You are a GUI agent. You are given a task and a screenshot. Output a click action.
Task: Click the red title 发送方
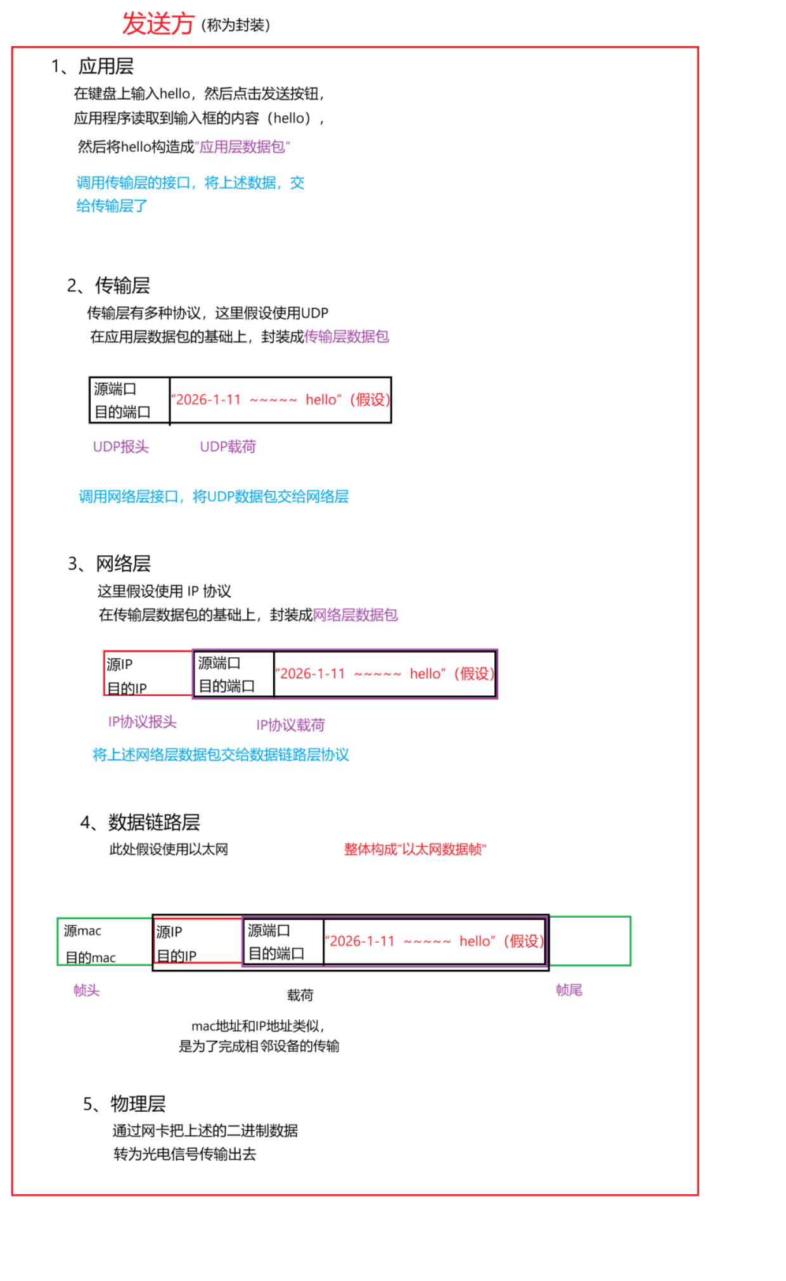tap(158, 24)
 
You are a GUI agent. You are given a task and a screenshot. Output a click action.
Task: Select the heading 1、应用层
tap(93, 67)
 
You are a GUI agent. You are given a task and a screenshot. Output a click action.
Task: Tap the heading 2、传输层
tap(108, 286)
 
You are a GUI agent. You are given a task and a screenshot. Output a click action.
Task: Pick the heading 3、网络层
tap(109, 563)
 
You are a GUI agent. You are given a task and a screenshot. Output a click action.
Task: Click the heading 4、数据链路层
tap(140, 822)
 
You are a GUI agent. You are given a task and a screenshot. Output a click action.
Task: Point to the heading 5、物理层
tap(124, 1104)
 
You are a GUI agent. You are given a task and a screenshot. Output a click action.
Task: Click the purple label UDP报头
tap(120, 447)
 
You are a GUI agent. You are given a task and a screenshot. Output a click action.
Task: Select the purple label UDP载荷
tap(228, 447)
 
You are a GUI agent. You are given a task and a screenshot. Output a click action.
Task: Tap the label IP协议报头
tap(142, 722)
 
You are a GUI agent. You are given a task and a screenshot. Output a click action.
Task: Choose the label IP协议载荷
tap(290, 725)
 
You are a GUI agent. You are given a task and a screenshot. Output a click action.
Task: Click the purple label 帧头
tap(86, 990)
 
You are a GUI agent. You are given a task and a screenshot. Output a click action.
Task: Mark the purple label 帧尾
tap(569, 990)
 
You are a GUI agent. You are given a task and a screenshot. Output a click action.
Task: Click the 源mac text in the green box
tap(82, 930)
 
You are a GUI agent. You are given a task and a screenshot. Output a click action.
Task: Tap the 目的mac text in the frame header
tap(91, 957)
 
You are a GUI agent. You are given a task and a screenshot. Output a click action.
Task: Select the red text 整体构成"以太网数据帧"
tap(415, 849)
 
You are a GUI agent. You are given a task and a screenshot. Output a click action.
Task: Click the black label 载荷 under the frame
tap(300, 995)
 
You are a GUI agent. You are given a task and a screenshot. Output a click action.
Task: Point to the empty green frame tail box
tap(589, 941)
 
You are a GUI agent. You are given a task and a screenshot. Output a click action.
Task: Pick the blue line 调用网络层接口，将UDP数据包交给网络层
tap(214, 496)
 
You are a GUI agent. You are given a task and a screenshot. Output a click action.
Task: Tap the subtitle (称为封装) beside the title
tap(236, 25)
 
